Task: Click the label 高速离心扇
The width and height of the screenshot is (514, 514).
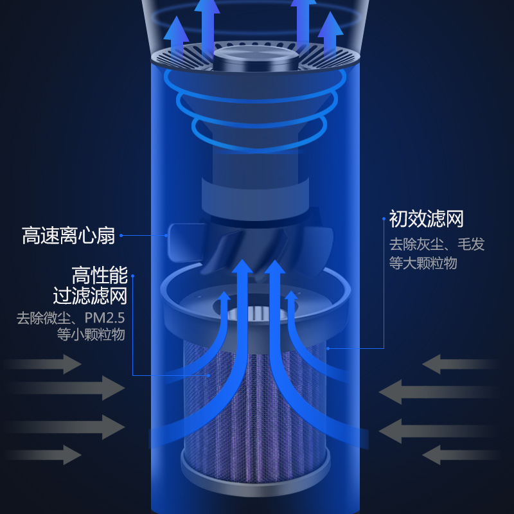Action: pyautogui.click(x=69, y=236)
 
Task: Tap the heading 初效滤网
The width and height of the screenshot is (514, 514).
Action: pyautogui.click(x=426, y=218)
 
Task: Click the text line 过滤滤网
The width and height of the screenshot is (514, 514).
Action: pyautogui.click(x=90, y=296)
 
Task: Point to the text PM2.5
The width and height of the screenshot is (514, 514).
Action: pyautogui.click(x=102, y=318)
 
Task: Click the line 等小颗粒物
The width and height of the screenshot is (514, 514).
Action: pyautogui.click(x=91, y=335)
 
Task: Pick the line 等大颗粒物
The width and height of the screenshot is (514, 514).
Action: pyautogui.click(x=423, y=263)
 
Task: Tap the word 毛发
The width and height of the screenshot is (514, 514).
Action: pyautogui.click(x=471, y=244)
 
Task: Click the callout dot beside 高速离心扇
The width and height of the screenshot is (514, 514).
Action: pyautogui.click(x=121, y=235)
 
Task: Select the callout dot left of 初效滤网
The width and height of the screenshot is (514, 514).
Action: pyautogui.click(x=384, y=218)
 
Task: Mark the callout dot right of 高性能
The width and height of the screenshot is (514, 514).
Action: pyautogui.click(x=134, y=276)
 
